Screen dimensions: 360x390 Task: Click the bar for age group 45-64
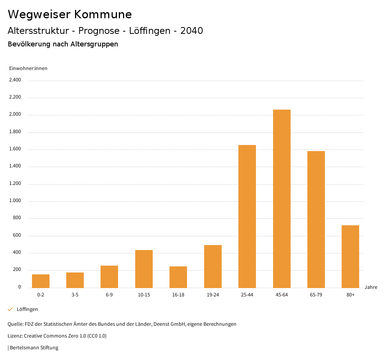(x=281, y=199)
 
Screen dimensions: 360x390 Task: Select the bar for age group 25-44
(x=247, y=216)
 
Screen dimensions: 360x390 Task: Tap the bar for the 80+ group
(x=350, y=256)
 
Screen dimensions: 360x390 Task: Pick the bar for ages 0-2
(x=41, y=281)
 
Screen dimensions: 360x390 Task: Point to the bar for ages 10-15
(x=144, y=269)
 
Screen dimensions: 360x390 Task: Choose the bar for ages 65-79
(x=316, y=219)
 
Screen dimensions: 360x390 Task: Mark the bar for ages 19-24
(x=213, y=266)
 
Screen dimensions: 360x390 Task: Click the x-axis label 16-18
(x=178, y=295)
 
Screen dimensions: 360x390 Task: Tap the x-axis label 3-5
(x=75, y=295)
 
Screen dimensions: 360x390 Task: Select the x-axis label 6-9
(x=109, y=295)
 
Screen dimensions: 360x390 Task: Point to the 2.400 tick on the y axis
(x=15, y=80)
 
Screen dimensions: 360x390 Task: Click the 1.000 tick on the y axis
(x=15, y=201)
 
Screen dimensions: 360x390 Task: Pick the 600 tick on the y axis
(x=17, y=236)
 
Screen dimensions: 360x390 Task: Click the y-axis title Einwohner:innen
(x=28, y=68)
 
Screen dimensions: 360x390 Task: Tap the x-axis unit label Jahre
(x=371, y=287)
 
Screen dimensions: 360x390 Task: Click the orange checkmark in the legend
(x=10, y=309)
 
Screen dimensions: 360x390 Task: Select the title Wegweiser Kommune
(x=70, y=14)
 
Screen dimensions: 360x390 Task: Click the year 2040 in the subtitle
(x=192, y=31)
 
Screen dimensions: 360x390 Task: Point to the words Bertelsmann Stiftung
(x=34, y=348)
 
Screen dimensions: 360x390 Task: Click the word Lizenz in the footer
(x=15, y=336)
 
